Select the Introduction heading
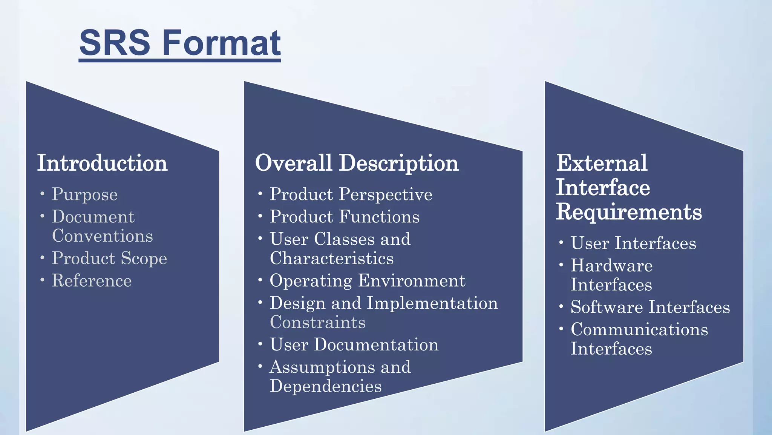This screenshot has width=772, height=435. tap(102, 163)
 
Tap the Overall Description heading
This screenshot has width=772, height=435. tap(357, 163)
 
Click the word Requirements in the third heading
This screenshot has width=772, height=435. tap(629, 212)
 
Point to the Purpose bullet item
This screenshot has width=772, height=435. tap(85, 195)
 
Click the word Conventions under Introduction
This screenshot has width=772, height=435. tap(103, 236)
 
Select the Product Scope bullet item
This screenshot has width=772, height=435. tap(109, 259)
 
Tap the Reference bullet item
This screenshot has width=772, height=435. tap(92, 281)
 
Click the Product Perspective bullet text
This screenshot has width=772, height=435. tap(351, 195)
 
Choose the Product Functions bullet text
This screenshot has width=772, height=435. tap(345, 217)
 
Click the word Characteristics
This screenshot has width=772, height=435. tap(332, 259)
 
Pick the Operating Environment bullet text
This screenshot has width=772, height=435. tap(368, 281)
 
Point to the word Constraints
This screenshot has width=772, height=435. tap(318, 322)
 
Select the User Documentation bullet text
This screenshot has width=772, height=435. tap(354, 345)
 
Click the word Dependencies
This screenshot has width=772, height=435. tap(326, 386)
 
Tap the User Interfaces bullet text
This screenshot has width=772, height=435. tap(633, 243)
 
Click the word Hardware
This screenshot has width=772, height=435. tap(611, 265)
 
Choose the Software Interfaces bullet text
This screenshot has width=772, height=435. tap(650, 307)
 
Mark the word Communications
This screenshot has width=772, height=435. tap(639, 330)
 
